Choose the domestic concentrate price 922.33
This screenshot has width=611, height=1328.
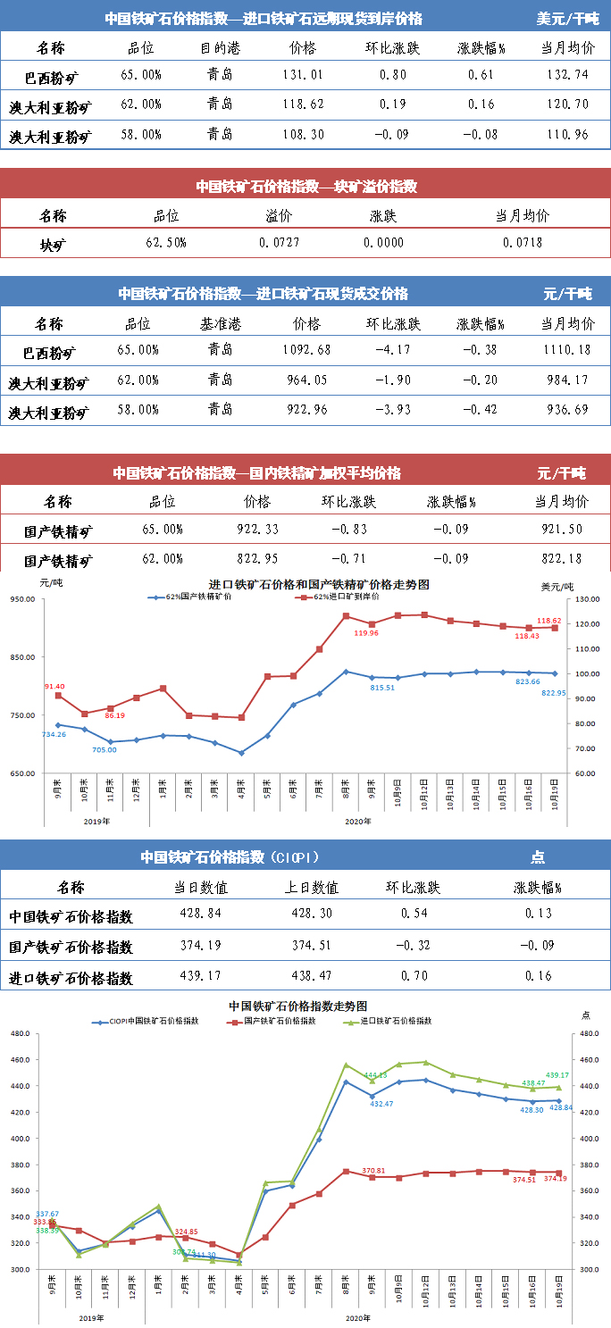click(x=256, y=530)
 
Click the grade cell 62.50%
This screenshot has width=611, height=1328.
click(x=165, y=242)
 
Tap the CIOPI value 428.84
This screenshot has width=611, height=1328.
click(x=199, y=914)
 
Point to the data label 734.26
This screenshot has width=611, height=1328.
click(x=54, y=734)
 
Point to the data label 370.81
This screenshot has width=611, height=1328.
click(x=374, y=1170)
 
